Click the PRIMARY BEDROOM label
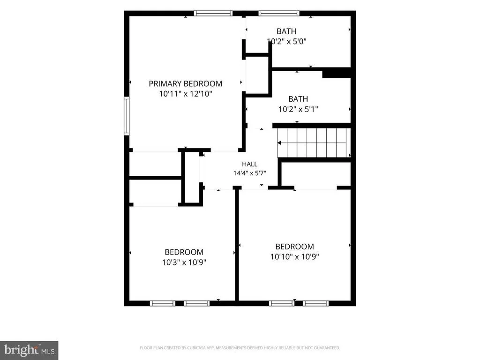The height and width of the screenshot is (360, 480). click(186, 83)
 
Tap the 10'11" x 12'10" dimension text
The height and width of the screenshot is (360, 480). click(186, 94)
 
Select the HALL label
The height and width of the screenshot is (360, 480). click(249, 164)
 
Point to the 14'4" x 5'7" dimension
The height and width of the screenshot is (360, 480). click(249, 173)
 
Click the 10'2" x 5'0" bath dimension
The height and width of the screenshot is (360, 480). click(286, 41)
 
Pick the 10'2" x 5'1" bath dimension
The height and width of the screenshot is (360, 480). click(298, 109)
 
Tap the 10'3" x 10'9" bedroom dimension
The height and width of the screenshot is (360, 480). click(184, 262)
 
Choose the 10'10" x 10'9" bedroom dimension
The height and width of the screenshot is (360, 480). click(294, 256)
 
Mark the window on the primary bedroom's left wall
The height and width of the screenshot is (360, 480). click(127, 115)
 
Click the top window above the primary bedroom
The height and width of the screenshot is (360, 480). click(213, 13)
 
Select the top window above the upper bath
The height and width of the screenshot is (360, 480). click(278, 13)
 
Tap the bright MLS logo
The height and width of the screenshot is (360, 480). click(29, 350)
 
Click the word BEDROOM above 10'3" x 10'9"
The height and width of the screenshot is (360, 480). click(184, 252)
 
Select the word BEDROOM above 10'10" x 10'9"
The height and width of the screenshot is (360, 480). click(294, 247)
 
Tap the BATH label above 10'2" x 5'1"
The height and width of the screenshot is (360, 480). click(298, 99)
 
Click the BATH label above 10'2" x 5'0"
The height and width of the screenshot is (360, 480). click(286, 31)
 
